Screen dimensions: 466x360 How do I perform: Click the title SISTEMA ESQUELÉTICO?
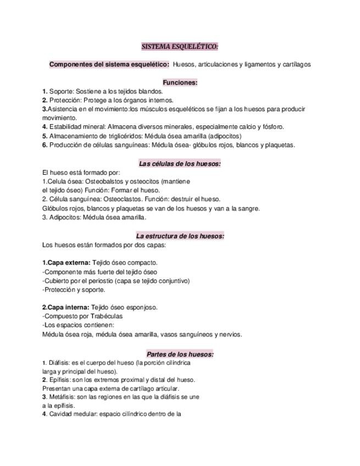pos(180,47)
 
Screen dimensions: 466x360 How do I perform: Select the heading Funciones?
pos(180,82)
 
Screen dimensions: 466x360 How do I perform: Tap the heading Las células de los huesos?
pos(180,163)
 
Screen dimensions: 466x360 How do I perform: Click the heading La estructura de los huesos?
pos(180,236)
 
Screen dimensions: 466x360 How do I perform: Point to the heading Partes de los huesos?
pos(180,354)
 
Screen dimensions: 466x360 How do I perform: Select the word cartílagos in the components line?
pos(296,64)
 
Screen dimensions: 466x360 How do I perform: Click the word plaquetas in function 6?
pos(280,145)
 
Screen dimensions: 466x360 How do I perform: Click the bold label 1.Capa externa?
pos(66,263)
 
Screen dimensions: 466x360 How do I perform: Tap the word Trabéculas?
pos(104,317)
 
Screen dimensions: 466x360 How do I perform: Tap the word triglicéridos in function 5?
pos(117,136)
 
